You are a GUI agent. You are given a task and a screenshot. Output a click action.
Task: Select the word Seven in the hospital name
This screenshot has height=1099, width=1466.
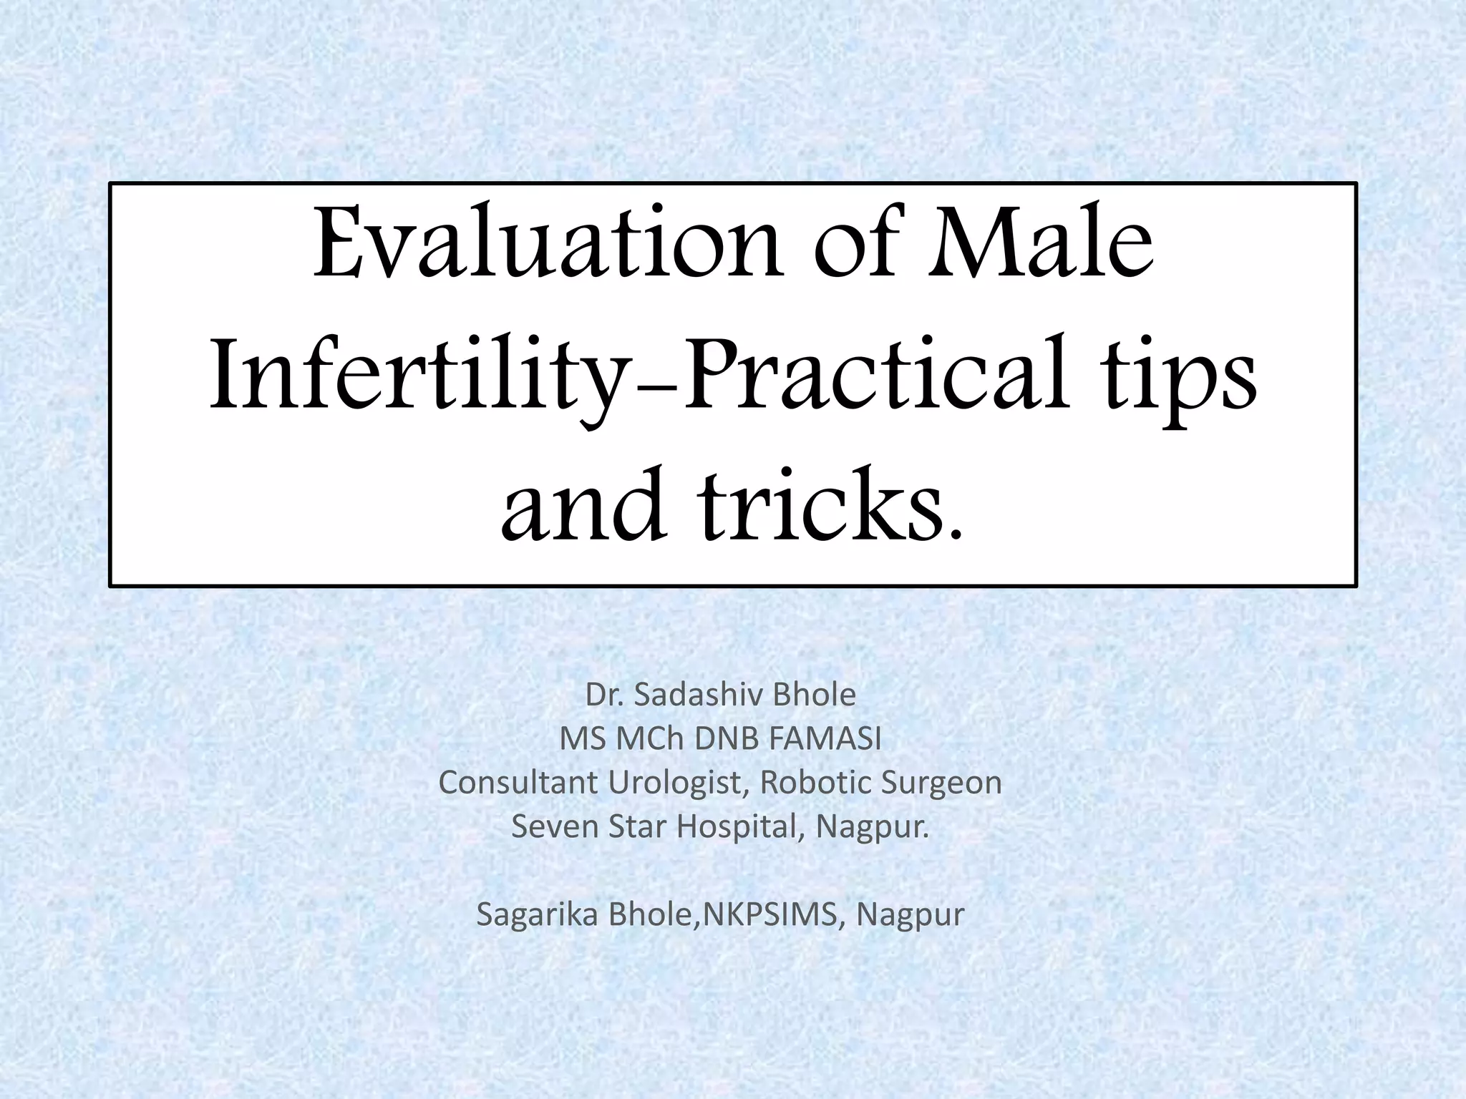point(555,827)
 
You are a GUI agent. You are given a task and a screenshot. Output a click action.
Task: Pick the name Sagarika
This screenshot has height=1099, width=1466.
point(538,915)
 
